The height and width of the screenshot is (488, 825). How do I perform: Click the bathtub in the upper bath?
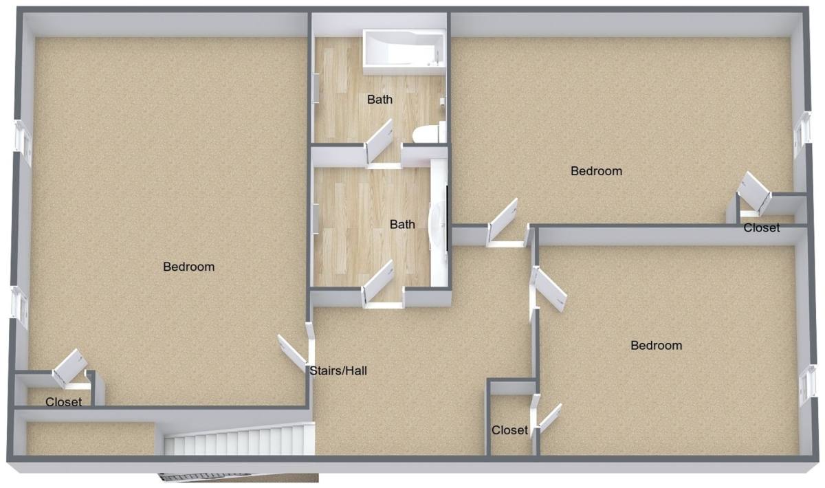(x=404, y=52)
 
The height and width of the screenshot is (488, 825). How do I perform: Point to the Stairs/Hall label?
(x=338, y=370)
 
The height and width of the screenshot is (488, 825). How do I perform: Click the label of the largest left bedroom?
(x=188, y=267)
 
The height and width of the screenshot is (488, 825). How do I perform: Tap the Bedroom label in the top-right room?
(x=596, y=171)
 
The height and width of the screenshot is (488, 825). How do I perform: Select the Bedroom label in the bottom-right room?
(x=657, y=346)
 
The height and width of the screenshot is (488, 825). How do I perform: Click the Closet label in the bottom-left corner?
(x=63, y=402)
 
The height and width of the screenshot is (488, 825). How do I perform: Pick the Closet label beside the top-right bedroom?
(x=761, y=228)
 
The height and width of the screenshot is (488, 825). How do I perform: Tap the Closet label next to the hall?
(x=509, y=430)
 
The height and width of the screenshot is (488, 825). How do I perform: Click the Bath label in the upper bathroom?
(x=379, y=100)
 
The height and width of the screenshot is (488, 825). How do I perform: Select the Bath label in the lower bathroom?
(x=402, y=224)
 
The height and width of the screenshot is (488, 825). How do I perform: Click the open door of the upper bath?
(x=379, y=141)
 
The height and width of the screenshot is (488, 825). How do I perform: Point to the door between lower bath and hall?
(x=377, y=282)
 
